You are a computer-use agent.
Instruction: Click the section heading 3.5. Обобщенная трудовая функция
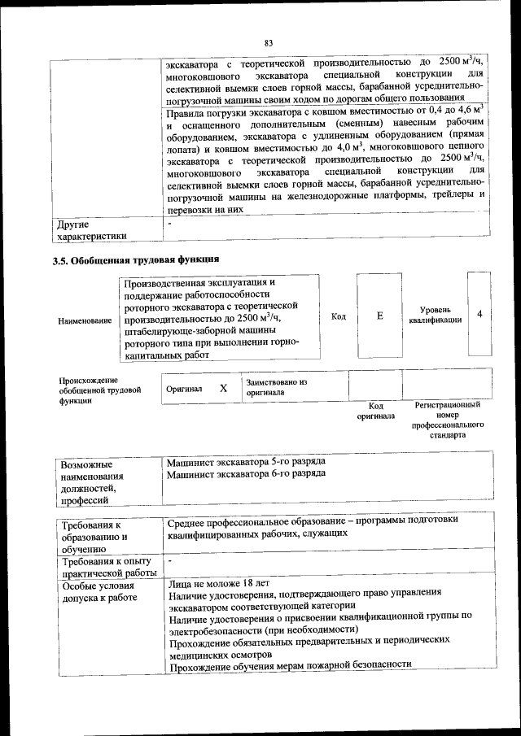coord(135,261)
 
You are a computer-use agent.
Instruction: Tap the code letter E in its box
coord(379,315)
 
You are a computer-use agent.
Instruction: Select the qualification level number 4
coord(479,314)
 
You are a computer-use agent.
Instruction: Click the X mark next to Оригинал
coord(223,389)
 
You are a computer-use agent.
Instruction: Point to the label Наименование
coord(85,321)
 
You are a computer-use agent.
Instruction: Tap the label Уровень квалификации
coord(436,315)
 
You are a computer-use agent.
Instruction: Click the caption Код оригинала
coord(375,411)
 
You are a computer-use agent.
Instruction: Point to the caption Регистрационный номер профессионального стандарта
coord(447,419)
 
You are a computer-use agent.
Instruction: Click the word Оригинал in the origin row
coord(184,390)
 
